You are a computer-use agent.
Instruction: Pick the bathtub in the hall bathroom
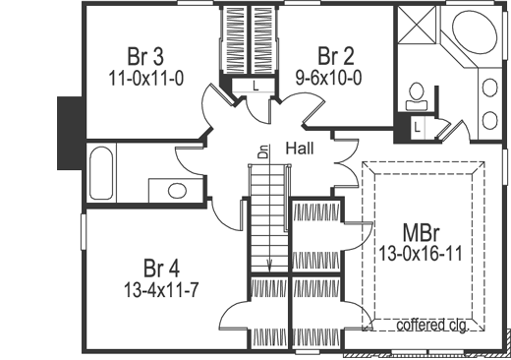coord(101,174)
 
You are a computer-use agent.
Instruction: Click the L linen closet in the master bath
coord(417,127)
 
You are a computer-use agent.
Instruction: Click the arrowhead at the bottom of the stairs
coord(269,264)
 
